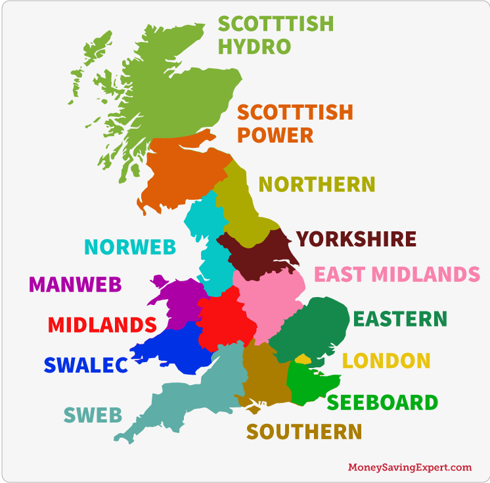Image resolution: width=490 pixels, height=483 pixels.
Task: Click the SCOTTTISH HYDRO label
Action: pos(275,35)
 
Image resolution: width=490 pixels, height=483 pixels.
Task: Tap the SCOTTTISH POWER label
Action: pos(294,123)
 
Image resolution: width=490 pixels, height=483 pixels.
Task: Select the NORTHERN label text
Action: pos(317,184)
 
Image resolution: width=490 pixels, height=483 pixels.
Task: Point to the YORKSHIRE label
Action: pos(356,239)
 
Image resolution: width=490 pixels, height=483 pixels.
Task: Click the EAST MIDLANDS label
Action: pos(397,273)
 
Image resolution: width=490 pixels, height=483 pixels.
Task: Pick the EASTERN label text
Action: pos(399,319)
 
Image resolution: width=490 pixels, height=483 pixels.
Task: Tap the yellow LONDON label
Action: pos(386,361)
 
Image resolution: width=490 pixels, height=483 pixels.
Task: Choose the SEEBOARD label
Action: pos(382,402)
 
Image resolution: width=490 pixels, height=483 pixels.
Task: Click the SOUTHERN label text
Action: pos(304,432)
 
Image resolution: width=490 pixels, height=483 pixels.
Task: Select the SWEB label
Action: pos(93,415)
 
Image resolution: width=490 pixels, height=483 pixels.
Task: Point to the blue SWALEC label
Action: pos(85,365)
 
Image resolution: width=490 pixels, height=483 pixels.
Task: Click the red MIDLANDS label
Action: pos(102,325)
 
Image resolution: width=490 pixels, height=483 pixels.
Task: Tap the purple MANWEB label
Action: pos(76,285)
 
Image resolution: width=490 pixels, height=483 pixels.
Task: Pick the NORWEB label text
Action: pos(130,247)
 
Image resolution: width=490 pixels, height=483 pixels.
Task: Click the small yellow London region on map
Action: pos(302,359)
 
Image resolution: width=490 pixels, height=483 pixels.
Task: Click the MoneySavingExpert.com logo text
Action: pos(409,467)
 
